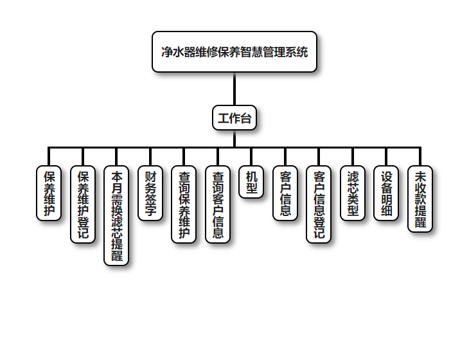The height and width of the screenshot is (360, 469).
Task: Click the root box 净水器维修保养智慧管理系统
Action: pos(234,52)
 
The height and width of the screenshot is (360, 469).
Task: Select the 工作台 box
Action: pos(234,118)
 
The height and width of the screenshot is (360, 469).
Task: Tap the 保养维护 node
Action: pos(49,193)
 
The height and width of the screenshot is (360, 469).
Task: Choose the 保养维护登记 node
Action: pos(83,204)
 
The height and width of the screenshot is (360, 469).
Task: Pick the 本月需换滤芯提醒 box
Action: pos(116,215)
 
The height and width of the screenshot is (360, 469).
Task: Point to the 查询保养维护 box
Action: pos(184,204)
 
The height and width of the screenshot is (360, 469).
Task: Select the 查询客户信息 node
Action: pos(218,204)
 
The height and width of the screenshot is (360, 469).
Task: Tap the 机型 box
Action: pos(251,182)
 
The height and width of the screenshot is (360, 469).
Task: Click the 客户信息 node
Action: pos(285,193)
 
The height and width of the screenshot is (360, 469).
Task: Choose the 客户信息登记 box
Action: pos(319,204)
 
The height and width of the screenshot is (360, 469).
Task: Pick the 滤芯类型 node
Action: pos(353,193)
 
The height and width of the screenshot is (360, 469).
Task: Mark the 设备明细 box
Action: pos(386,193)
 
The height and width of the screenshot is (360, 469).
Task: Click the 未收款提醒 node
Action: pos(420,199)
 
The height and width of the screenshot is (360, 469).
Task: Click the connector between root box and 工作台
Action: pos(234,89)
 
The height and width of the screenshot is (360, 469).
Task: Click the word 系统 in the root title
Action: pos(297,52)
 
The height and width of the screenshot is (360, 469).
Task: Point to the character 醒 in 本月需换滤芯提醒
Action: pos(116,256)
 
